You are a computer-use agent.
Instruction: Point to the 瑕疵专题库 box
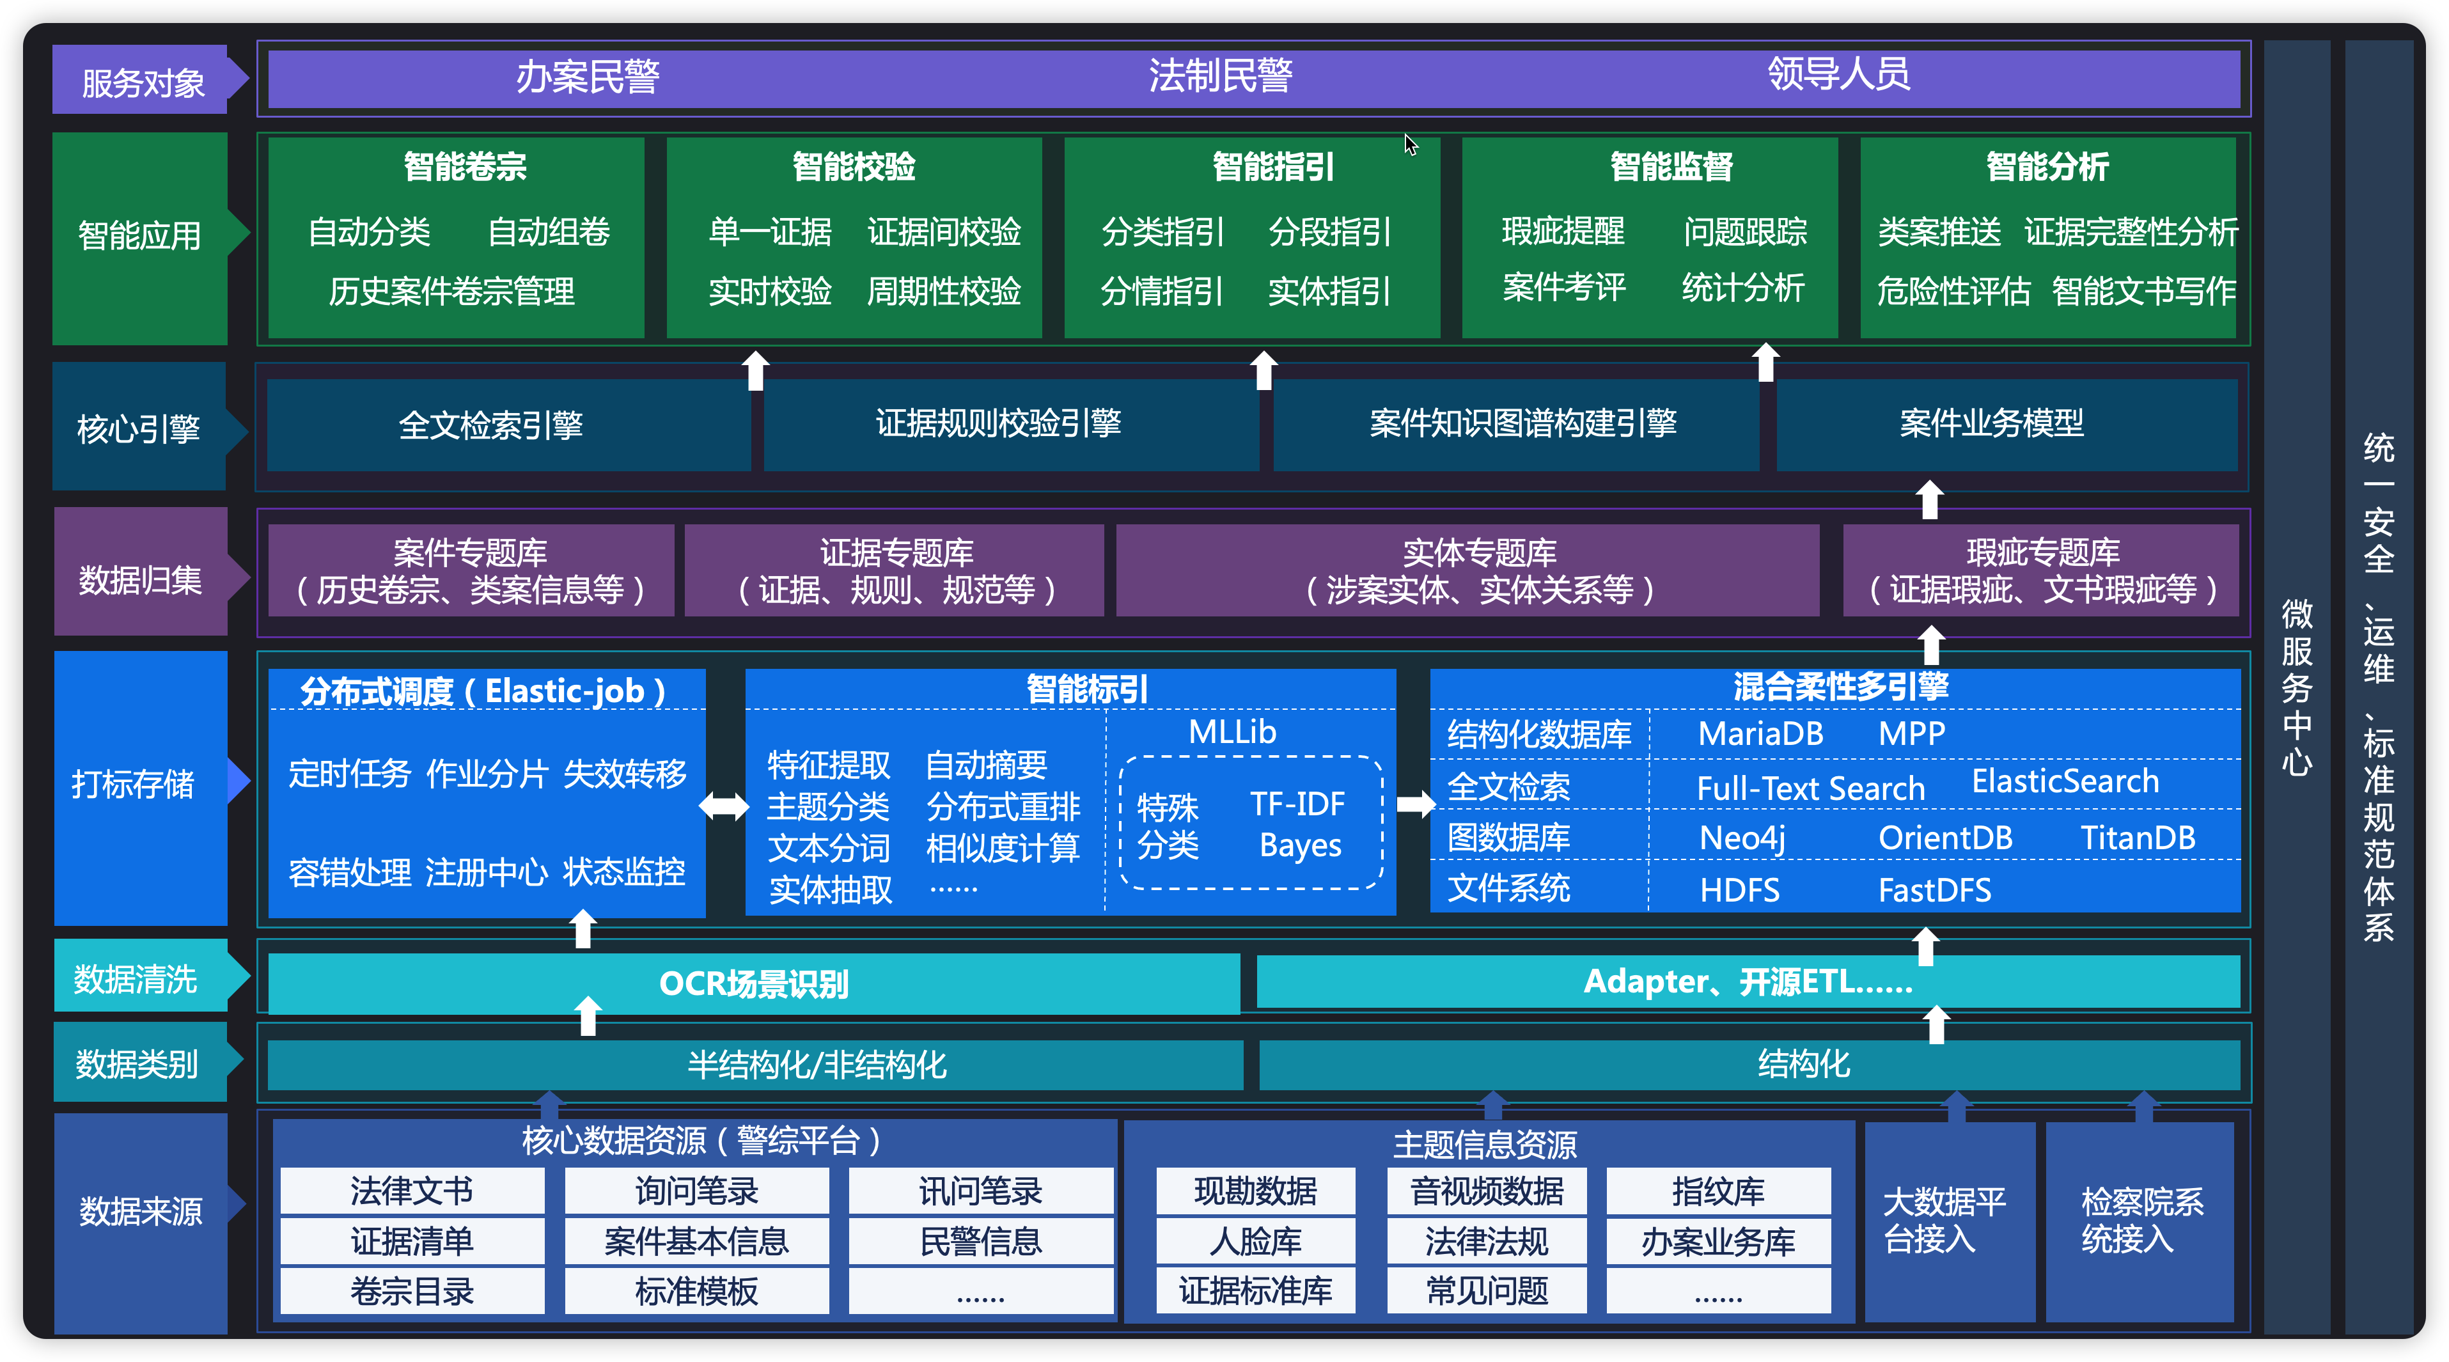click(x=2042, y=570)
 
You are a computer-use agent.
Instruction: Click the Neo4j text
click(x=1742, y=838)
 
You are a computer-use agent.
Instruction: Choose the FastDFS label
click(x=1934, y=889)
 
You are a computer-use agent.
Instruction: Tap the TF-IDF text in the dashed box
click(x=1297, y=804)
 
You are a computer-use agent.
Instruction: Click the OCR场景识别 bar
click(x=753, y=983)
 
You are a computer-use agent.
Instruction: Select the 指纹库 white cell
click(x=1718, y=1191)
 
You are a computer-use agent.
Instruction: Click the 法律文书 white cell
click(x=412, y=1191)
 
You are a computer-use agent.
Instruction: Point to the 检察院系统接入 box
click(x=2140, y=1221)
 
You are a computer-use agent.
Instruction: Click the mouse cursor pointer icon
click(x=1411, y=145)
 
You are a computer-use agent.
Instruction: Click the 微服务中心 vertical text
click(x=2296, y=686)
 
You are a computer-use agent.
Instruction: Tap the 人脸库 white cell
click(x=1255, y=1241)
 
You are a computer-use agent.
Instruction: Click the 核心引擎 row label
click(x=139, y=428)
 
